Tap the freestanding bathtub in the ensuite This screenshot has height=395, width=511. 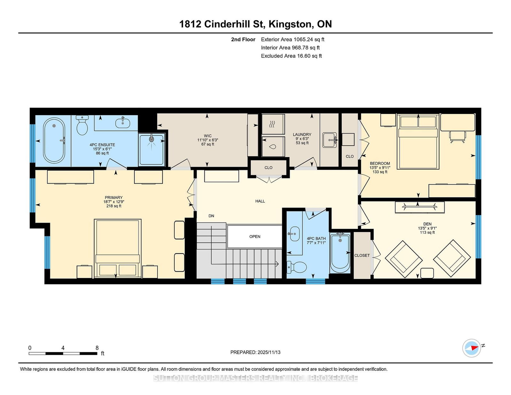(54, 141)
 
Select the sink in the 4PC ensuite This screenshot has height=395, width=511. (123, 122)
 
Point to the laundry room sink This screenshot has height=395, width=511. (330, 140)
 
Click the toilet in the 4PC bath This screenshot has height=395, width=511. (297, 267)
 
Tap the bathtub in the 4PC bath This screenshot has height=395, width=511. (340, 253)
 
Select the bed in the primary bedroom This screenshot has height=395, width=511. (118, 248)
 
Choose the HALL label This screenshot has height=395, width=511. (260, 201)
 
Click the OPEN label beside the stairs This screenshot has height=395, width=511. (255, 237)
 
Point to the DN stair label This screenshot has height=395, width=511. (211, 216)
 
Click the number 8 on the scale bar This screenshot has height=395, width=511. (97, 348)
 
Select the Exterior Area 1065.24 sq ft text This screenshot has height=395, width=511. (293, 40)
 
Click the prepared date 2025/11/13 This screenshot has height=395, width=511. (269, 352)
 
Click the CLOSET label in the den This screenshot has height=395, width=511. (362, 255)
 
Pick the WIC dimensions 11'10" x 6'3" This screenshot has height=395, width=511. (208, 140)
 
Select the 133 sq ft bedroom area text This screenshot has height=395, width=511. (380, 172)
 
